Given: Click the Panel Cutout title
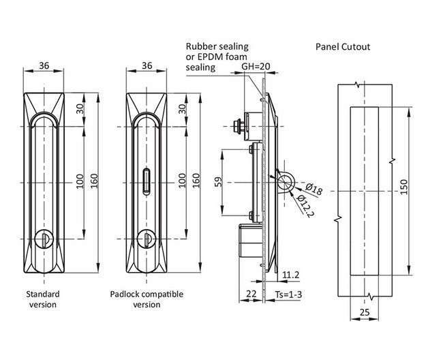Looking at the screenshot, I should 342,47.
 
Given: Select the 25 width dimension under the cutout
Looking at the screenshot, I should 363,312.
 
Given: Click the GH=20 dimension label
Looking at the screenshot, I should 256,67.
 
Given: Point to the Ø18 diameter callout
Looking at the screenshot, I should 304,187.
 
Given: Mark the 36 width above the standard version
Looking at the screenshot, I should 44,65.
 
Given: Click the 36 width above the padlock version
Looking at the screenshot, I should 147,65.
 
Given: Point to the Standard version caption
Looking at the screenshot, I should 42,299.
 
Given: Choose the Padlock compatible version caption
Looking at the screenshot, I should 147,299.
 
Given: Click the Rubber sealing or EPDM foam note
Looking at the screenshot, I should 217,57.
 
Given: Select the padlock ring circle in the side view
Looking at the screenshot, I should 285,182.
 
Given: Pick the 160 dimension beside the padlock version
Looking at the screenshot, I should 196,182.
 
